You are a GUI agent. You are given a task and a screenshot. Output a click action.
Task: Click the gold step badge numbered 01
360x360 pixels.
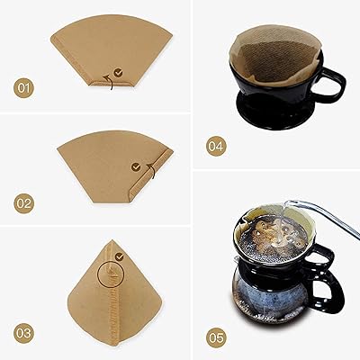24,88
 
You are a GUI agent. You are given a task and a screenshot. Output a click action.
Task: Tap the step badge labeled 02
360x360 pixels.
24,203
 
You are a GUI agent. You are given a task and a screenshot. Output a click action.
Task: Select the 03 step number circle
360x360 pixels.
24,332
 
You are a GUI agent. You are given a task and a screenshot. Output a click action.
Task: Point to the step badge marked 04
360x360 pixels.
217,144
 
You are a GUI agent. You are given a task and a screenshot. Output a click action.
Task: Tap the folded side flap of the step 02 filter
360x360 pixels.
136,184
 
